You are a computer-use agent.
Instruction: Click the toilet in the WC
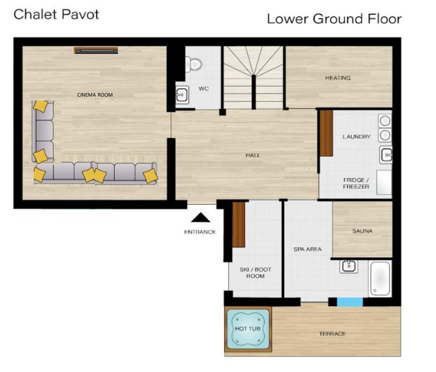point(194,64)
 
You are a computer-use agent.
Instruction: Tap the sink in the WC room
point(182,95)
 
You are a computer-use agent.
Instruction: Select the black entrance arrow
point(201,217)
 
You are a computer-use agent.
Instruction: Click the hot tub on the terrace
point(248,329)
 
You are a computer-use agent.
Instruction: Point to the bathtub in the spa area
point(380,279)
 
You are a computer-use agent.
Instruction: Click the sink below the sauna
point(349,266)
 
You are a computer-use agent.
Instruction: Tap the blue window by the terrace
point(350,302)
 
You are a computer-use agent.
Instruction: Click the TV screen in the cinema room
point(96,51)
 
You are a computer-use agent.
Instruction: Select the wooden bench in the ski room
point(239,224)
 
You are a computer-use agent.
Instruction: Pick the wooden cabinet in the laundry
point(327,133)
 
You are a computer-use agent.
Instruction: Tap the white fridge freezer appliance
point(384,182)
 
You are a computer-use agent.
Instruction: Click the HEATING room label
point(338,78)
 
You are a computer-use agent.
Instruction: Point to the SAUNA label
point(362,231)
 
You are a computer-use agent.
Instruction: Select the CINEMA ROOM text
point(95,95)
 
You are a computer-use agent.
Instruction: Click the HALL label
point(253,155)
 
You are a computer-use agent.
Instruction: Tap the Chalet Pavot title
point(56,14)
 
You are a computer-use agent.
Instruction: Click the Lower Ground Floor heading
point(334,19)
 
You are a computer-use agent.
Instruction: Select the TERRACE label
point(332,334)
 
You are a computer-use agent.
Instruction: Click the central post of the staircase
point(254,92)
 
